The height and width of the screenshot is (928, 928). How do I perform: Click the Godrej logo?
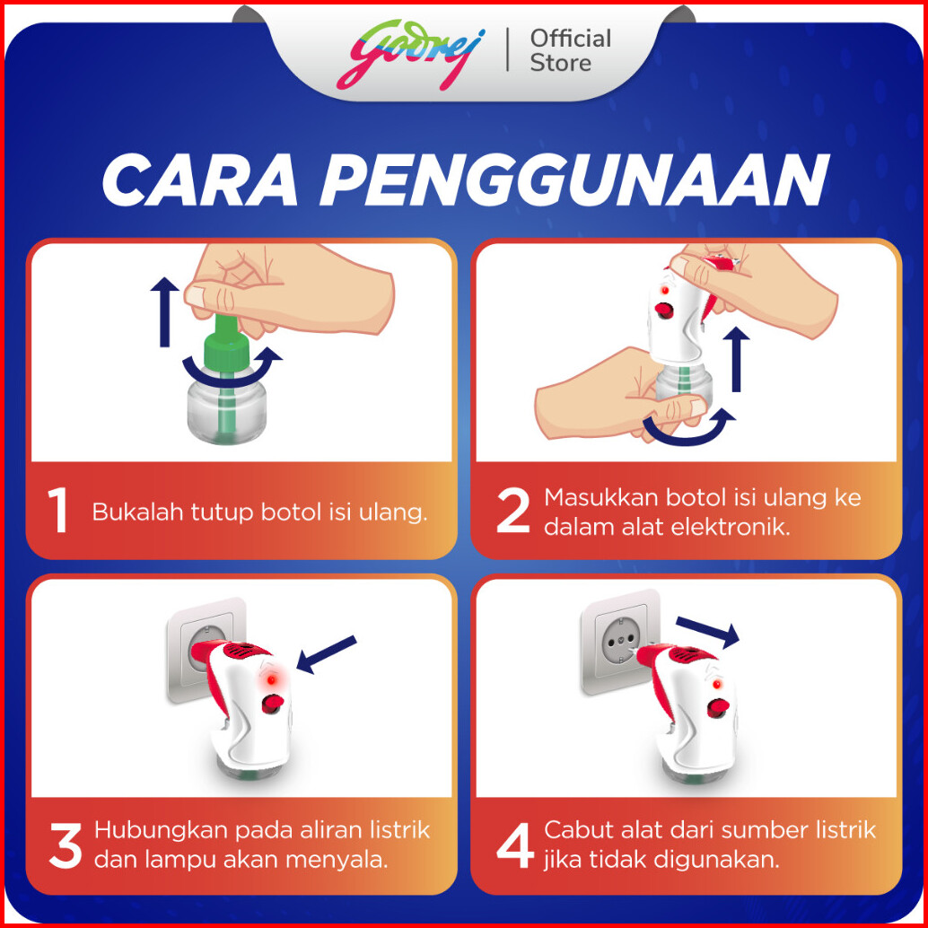(411, 55)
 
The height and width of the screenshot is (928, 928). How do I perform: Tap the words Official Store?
(570, 51)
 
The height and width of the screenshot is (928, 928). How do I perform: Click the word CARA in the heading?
(199, 180)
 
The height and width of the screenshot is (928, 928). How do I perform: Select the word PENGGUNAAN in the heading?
(573, 180)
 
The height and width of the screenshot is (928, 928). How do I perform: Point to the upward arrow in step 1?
(164, 312)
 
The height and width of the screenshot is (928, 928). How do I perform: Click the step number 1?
(58, 512)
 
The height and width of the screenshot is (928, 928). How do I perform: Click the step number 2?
(512, 512)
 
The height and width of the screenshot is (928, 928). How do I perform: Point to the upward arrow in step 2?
(736, 360)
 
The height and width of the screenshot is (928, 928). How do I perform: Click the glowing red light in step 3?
(271, 680)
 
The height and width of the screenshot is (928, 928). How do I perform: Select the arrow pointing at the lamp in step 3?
(326, 654)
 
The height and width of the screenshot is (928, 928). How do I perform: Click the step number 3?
(66, 847)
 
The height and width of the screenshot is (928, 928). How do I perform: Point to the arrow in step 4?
(708, 633)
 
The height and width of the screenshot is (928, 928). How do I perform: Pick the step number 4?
(515, 847)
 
